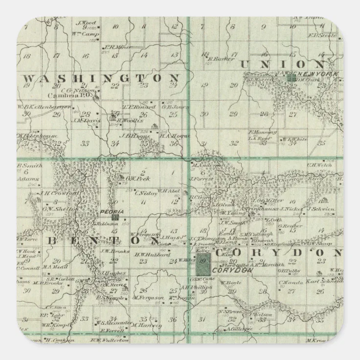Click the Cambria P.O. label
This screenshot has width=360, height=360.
pyautogui.click(x=77, y=95)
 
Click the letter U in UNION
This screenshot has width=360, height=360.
pyautogui.click(x=245, y=64)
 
